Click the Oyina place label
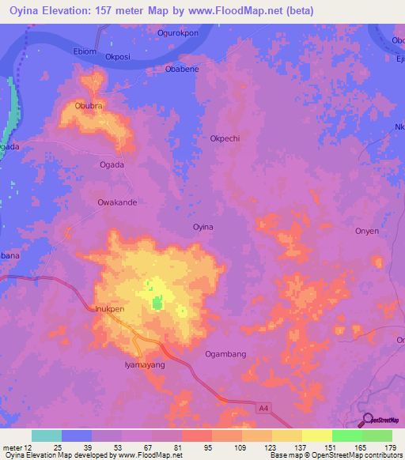(203, 227)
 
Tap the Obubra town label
(89, 104)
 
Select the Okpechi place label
(225, 138)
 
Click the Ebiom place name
(83, 51)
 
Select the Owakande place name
(117, 202)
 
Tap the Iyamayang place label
(145, 365)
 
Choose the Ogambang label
(225, 354)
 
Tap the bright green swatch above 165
(346, 435)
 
